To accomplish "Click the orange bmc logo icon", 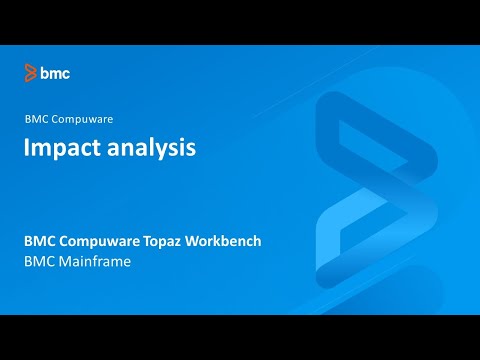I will pyautogui.click(x=31, y=72).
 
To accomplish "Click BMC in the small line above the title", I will pyautogui.click(x=37, y=118).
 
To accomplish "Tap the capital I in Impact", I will pyautogui.click(x=28, y=147).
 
